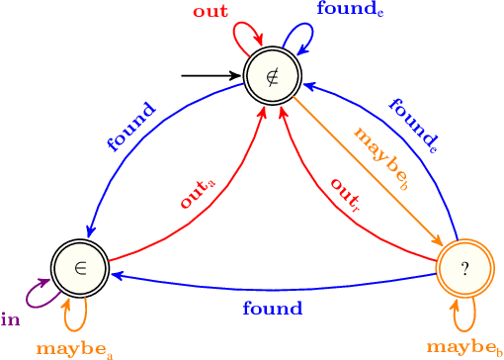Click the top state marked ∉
[273, 75]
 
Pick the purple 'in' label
[11, 318]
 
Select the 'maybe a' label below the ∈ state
[73, 349]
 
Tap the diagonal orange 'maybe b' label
[380, 157]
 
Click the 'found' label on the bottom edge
[272, 310]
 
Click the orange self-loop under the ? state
[462, 317]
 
